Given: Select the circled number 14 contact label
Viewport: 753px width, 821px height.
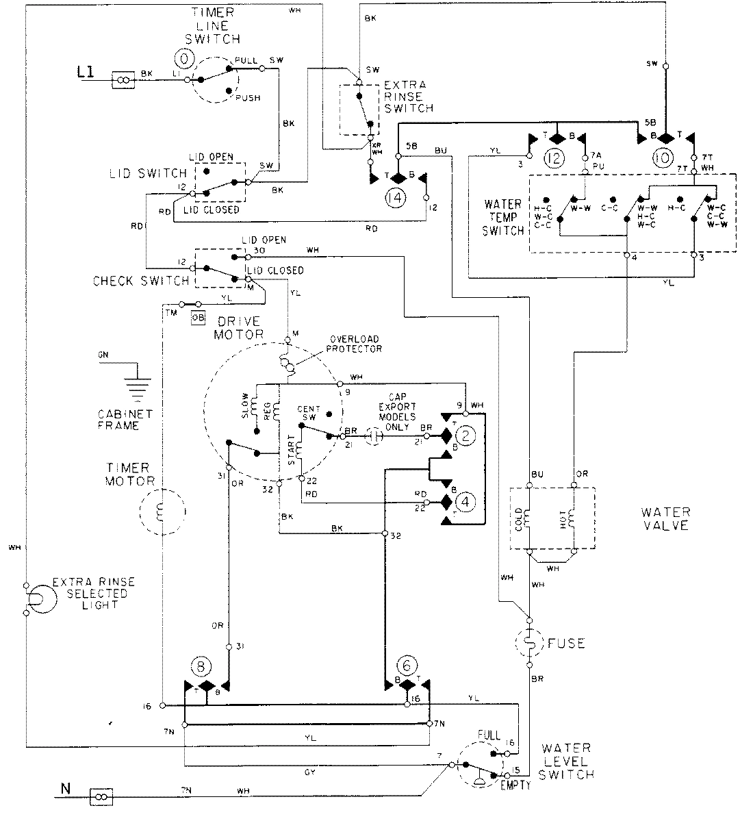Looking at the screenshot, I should [394, 197].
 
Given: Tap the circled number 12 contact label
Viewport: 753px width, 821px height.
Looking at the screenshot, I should [554, 159].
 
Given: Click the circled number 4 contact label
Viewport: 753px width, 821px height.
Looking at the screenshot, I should [465, 502].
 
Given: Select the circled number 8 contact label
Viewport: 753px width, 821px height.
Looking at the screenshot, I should [202, 666].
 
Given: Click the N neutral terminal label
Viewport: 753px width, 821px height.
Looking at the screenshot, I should [65, 788].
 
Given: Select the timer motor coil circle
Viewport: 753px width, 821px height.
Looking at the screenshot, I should [162, 512].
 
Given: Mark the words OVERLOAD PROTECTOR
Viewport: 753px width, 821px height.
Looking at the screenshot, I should [355, 344].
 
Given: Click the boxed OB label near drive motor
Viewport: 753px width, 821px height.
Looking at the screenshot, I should [198, 317].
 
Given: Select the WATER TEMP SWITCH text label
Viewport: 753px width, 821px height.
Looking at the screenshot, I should [503, 218].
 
